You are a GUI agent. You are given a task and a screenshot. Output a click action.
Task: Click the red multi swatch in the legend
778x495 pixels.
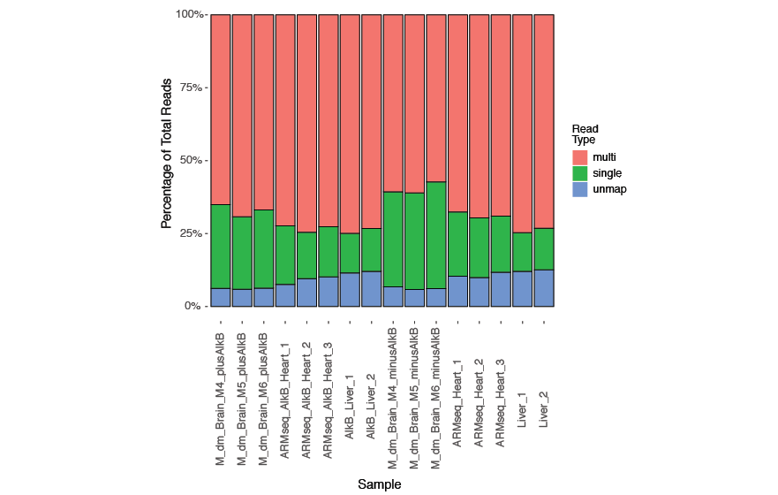(580, 157)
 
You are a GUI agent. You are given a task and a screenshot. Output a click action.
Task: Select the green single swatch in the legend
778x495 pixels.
(580, 173)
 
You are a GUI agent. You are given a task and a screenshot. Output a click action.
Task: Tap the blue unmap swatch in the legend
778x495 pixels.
(580, 189)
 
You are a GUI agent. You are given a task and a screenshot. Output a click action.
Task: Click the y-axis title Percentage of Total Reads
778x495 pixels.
(167, 160)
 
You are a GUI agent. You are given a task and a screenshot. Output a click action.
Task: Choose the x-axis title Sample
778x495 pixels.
(380, 484)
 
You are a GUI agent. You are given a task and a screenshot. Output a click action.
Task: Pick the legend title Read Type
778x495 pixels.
(585, 134)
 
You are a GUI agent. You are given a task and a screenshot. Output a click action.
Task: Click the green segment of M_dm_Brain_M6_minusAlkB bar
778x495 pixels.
(436, 235)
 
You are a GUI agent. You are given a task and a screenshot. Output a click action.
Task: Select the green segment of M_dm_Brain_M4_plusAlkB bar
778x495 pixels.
(221, 247)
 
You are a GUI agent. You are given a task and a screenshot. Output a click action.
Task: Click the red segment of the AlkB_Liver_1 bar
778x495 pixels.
(350, 124)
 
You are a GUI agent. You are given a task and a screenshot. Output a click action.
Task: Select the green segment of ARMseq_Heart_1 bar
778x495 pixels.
(457, 244)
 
